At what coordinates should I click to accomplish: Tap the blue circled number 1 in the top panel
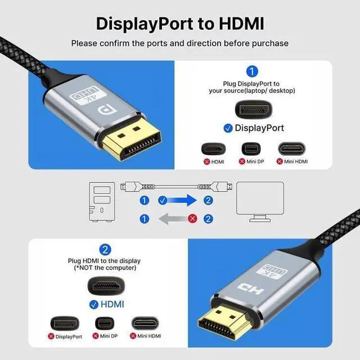tap(252, 71)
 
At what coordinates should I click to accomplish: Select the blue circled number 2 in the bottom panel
tap(105, 249)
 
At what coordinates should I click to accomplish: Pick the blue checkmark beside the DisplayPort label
tap(228, 128)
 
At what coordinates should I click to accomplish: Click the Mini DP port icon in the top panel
tap(251, 150)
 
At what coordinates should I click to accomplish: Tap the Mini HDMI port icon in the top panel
tap(292, 150)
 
